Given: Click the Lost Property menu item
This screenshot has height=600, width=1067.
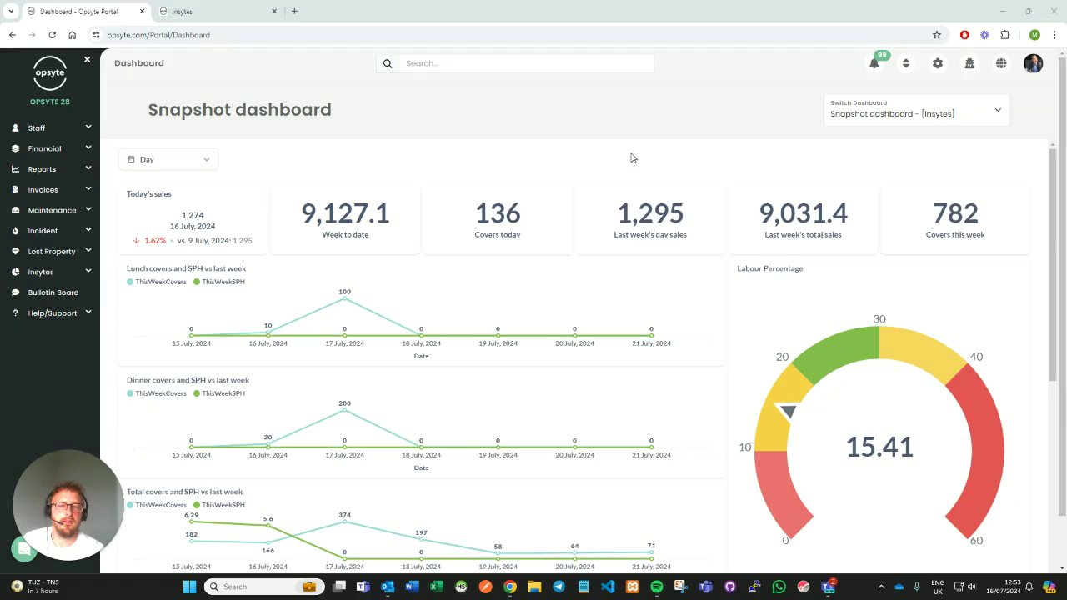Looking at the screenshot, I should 52,251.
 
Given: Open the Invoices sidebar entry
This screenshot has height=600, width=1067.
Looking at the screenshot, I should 43,189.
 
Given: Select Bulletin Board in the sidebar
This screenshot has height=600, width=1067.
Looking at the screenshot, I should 53,292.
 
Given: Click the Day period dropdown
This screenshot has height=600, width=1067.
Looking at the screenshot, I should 168,159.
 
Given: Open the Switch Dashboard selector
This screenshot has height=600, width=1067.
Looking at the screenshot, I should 916,110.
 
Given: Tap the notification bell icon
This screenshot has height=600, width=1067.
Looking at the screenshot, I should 874,63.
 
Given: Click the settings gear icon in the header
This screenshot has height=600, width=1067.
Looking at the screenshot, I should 938,63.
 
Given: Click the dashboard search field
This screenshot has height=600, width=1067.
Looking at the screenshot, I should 525,63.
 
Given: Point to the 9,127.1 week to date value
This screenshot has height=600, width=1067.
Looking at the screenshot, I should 345,213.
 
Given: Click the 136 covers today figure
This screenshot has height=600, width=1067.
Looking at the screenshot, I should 498,213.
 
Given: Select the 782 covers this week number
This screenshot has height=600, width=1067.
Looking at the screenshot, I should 955,213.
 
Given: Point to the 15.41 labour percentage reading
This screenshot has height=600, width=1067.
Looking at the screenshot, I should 879,447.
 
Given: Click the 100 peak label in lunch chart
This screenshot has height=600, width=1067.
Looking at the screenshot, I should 344,292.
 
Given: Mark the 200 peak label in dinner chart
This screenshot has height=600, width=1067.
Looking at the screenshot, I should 344,403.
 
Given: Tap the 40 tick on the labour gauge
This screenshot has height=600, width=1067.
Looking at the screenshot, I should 976,357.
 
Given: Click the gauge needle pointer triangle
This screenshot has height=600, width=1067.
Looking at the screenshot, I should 788,411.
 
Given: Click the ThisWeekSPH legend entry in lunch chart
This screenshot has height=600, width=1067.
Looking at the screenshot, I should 219,282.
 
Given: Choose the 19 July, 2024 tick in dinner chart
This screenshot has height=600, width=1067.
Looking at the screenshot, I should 498,455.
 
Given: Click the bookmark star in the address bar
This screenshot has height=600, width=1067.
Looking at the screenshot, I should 937,35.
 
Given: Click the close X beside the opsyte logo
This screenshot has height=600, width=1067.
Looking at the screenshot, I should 87,60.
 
